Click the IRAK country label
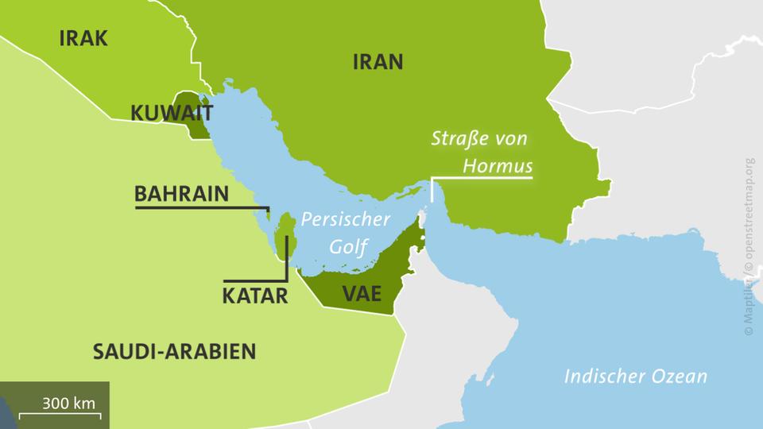tap(83, 38)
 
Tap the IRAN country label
tap(378, 62)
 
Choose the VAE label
tap(362, 293)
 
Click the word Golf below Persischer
tap(349, 246)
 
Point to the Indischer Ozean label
tap(635, 376)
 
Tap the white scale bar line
tap(58, 413)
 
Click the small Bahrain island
tap(269, 213)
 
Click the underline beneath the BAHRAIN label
tap(199, 208)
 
